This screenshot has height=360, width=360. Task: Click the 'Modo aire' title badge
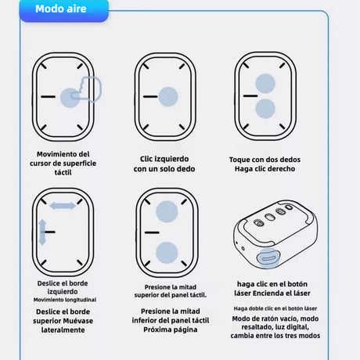[64, 9]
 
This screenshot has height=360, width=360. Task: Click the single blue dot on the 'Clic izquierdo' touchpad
[168, 96]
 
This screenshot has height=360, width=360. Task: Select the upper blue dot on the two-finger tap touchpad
[265, 84]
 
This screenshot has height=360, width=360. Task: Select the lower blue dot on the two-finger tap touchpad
[265, 109]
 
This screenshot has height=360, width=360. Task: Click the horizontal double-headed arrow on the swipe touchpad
[63, 206]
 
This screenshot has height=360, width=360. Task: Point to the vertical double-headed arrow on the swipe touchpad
[42, 232]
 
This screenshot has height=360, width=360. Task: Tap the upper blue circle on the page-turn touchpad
[167, 211]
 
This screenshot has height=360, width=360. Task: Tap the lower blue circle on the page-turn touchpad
[167, 253]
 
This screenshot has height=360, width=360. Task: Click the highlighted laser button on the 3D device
[268, 258]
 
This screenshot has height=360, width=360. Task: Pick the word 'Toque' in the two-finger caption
[238, 160]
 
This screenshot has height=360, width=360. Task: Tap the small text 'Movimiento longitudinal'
[65, 300]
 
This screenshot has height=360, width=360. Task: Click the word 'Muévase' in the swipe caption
[77, 321]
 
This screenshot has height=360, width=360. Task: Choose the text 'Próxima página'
[171, 329]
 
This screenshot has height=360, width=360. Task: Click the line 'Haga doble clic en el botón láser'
[275, 308]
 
